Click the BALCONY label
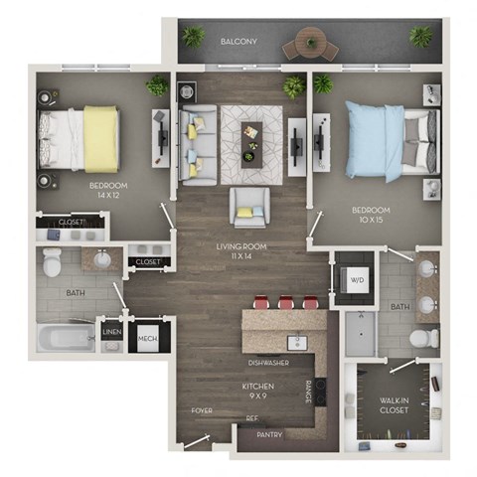(239, 42)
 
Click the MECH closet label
(147, 338)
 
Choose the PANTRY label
(269, 434)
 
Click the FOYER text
(202, 409)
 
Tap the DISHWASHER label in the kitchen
(269, 363)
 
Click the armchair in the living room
(247, 207)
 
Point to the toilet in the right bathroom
(424, 339)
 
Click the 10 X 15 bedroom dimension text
(370, 221)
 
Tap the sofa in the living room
(195, 142)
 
